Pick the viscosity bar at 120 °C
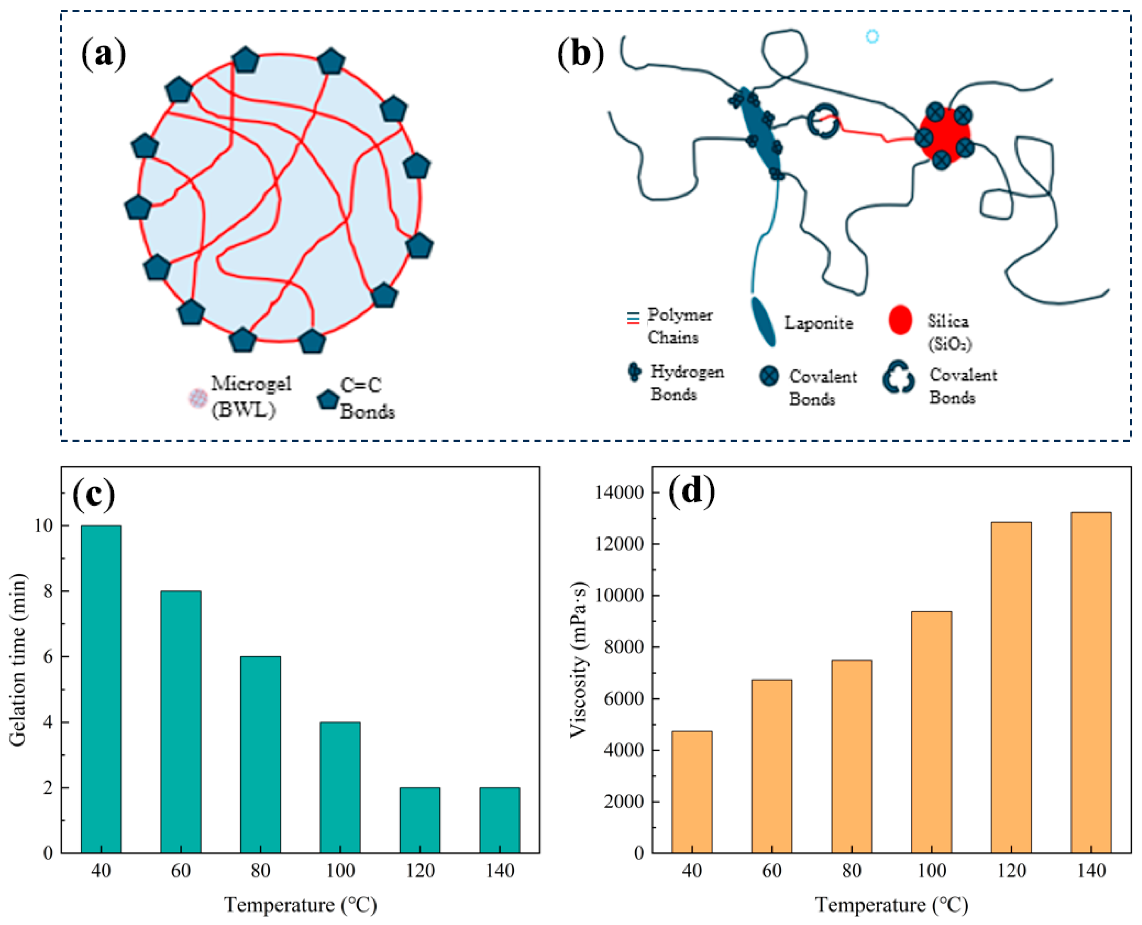point(1011,688)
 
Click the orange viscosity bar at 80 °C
point(851,757)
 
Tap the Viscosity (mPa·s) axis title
point(578,660)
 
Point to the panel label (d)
point(692,491)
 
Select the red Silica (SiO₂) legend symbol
point(900,320)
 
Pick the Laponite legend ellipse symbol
point(763,321)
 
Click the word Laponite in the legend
point(818,322)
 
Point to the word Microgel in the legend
point(251,384)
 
